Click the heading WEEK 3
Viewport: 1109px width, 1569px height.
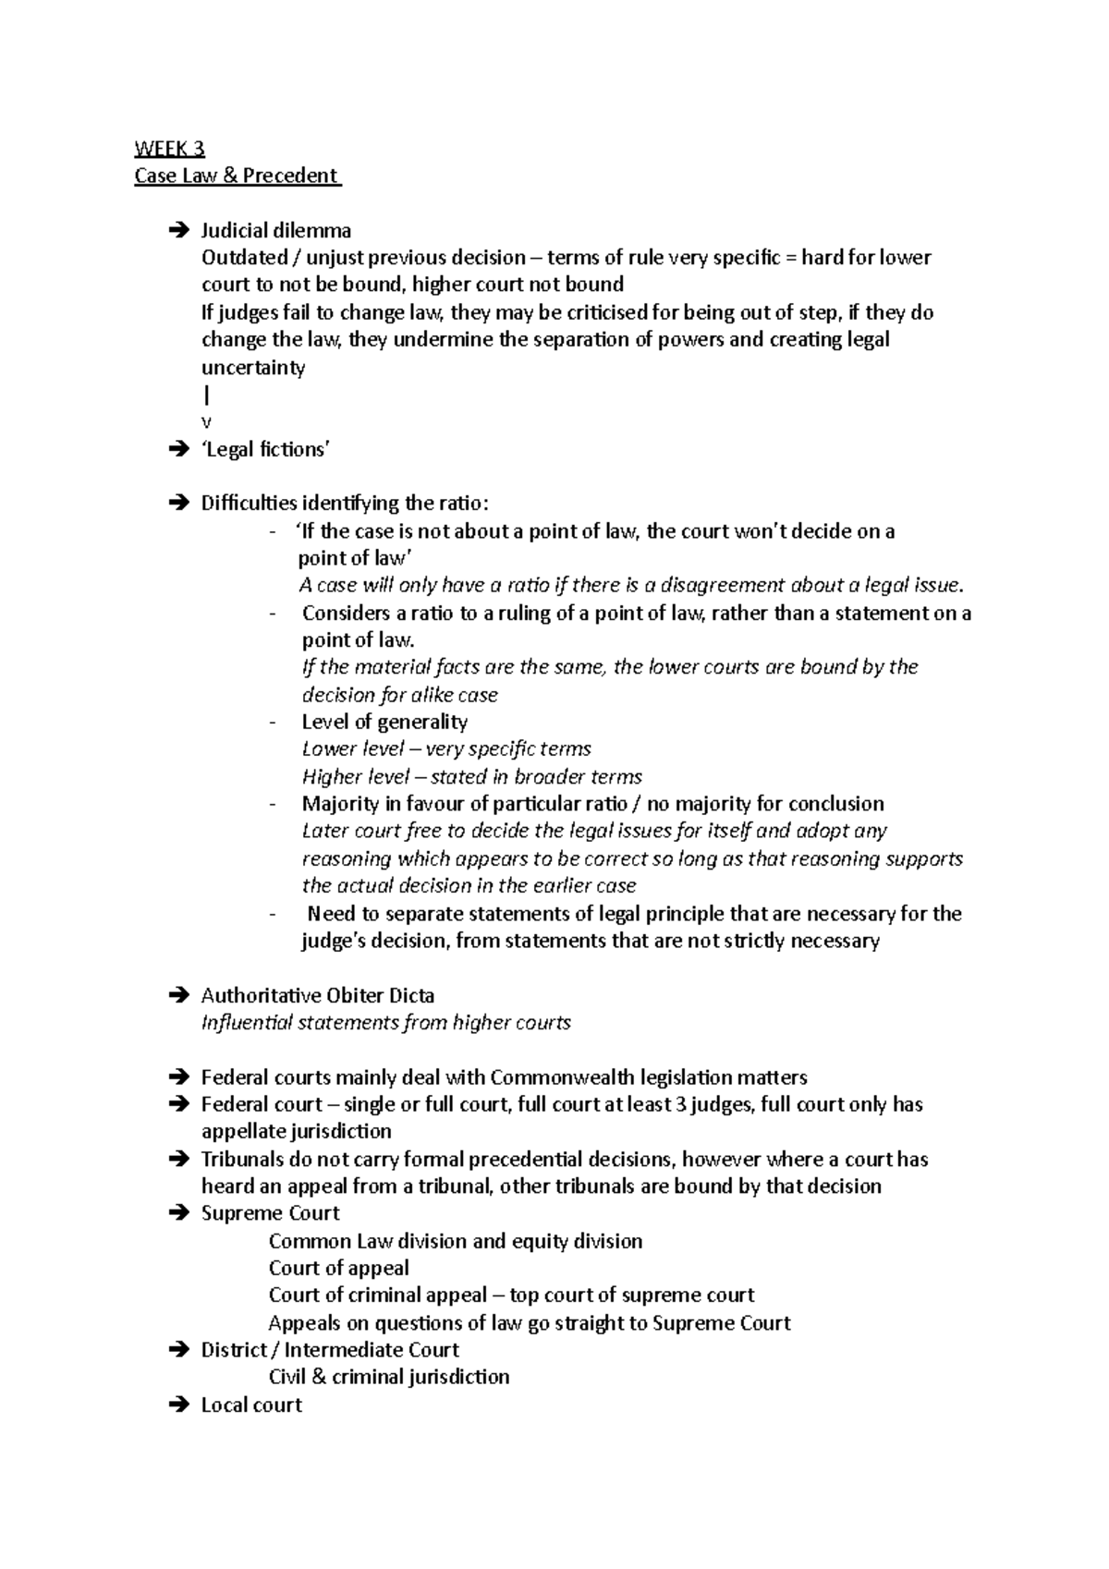pyautogui.click(x=169, y=149)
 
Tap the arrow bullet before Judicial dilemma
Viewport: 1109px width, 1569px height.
pyautogui.click(x=177, y=230)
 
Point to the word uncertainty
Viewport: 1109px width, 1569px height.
pyautogui.click(x=252, y=368)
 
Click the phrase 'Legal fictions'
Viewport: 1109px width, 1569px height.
pyautogui.click(x=265, y=450)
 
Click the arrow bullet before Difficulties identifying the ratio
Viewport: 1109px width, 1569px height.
pyautogui.click(x=177, y=504)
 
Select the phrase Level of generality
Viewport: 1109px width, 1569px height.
pyautogui.click(x=384, y=722)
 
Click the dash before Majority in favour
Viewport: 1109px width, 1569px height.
pyautogui.click(x=272, y=805)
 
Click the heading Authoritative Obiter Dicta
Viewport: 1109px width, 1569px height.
pyautogui.click(x=317, y=996)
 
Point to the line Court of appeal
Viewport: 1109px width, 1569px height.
pyautogui.click(x=338, y=1269)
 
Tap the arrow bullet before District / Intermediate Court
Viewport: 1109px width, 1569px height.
pyautogui.click(x=177, y=1350)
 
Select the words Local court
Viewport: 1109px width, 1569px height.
pyautogui.click(x=251, y=1405)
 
